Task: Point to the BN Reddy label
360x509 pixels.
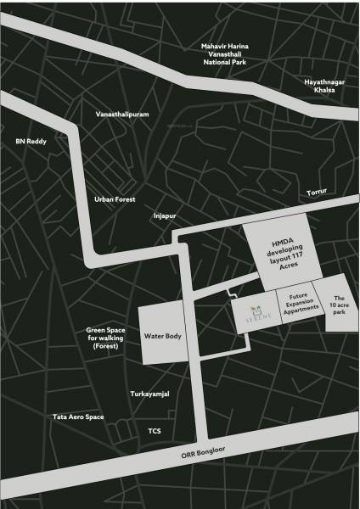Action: pos(31,142)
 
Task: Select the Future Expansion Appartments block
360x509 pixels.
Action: pos(297,305)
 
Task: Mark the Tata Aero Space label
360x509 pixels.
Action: pos(78,417)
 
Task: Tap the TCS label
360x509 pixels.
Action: pos(155,431)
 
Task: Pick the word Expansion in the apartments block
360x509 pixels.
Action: pos(297,305)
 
